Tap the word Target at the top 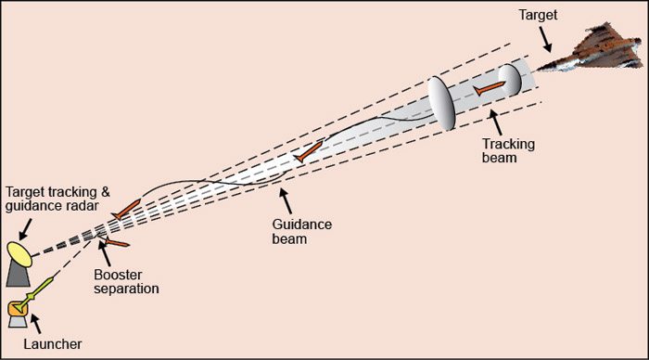pyautogui.click(x=540, y=16)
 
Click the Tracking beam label pyautogui.click(x=505, y=151)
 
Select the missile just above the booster pyautogui.click(x=125, y=210)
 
